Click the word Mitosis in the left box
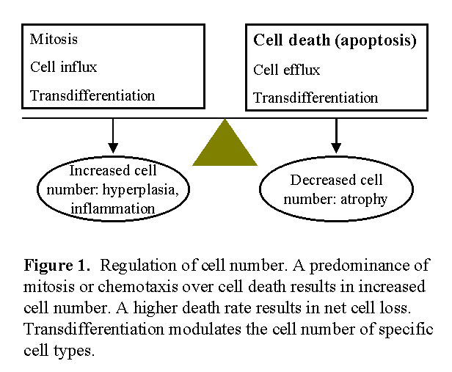click(x=54, y=39)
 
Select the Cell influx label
click(x=63, y=68)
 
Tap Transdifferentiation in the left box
click(x=92, y=95)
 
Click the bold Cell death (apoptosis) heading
click(x=335, y=40)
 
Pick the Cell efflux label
click(x=286, y=70)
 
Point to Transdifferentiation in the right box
click(x=316, y=98)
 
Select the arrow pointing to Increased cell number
click(x=113, y=136)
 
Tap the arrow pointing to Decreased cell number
click(x=336, y=136)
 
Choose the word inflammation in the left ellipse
click(x=113, y=208)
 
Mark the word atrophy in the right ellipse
click(x=364, y=200)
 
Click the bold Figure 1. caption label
click(x=56, y=265)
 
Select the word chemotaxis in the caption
click(x=138, y=286)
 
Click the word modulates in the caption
click(x=205, y=329)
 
